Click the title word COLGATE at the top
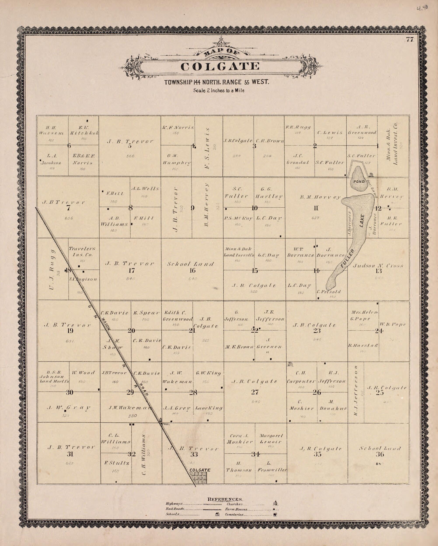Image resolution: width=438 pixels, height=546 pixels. coord(220,66)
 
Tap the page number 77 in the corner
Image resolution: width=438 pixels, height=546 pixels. coord(409,40)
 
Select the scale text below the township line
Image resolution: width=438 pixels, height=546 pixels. coord(219,90)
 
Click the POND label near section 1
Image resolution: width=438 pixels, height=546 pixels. coord(359,182)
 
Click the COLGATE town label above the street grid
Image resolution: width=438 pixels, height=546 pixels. coord(200,470)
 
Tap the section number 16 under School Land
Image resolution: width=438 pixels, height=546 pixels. coord(192,270)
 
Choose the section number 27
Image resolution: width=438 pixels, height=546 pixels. coord(255,392)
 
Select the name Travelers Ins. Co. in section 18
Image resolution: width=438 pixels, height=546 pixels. coord(82,251)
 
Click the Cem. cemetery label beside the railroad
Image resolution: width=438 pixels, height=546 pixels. coord(165,423)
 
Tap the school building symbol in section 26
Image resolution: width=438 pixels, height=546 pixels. coord(290,364)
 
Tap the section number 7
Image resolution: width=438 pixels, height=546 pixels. coord(68,208)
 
